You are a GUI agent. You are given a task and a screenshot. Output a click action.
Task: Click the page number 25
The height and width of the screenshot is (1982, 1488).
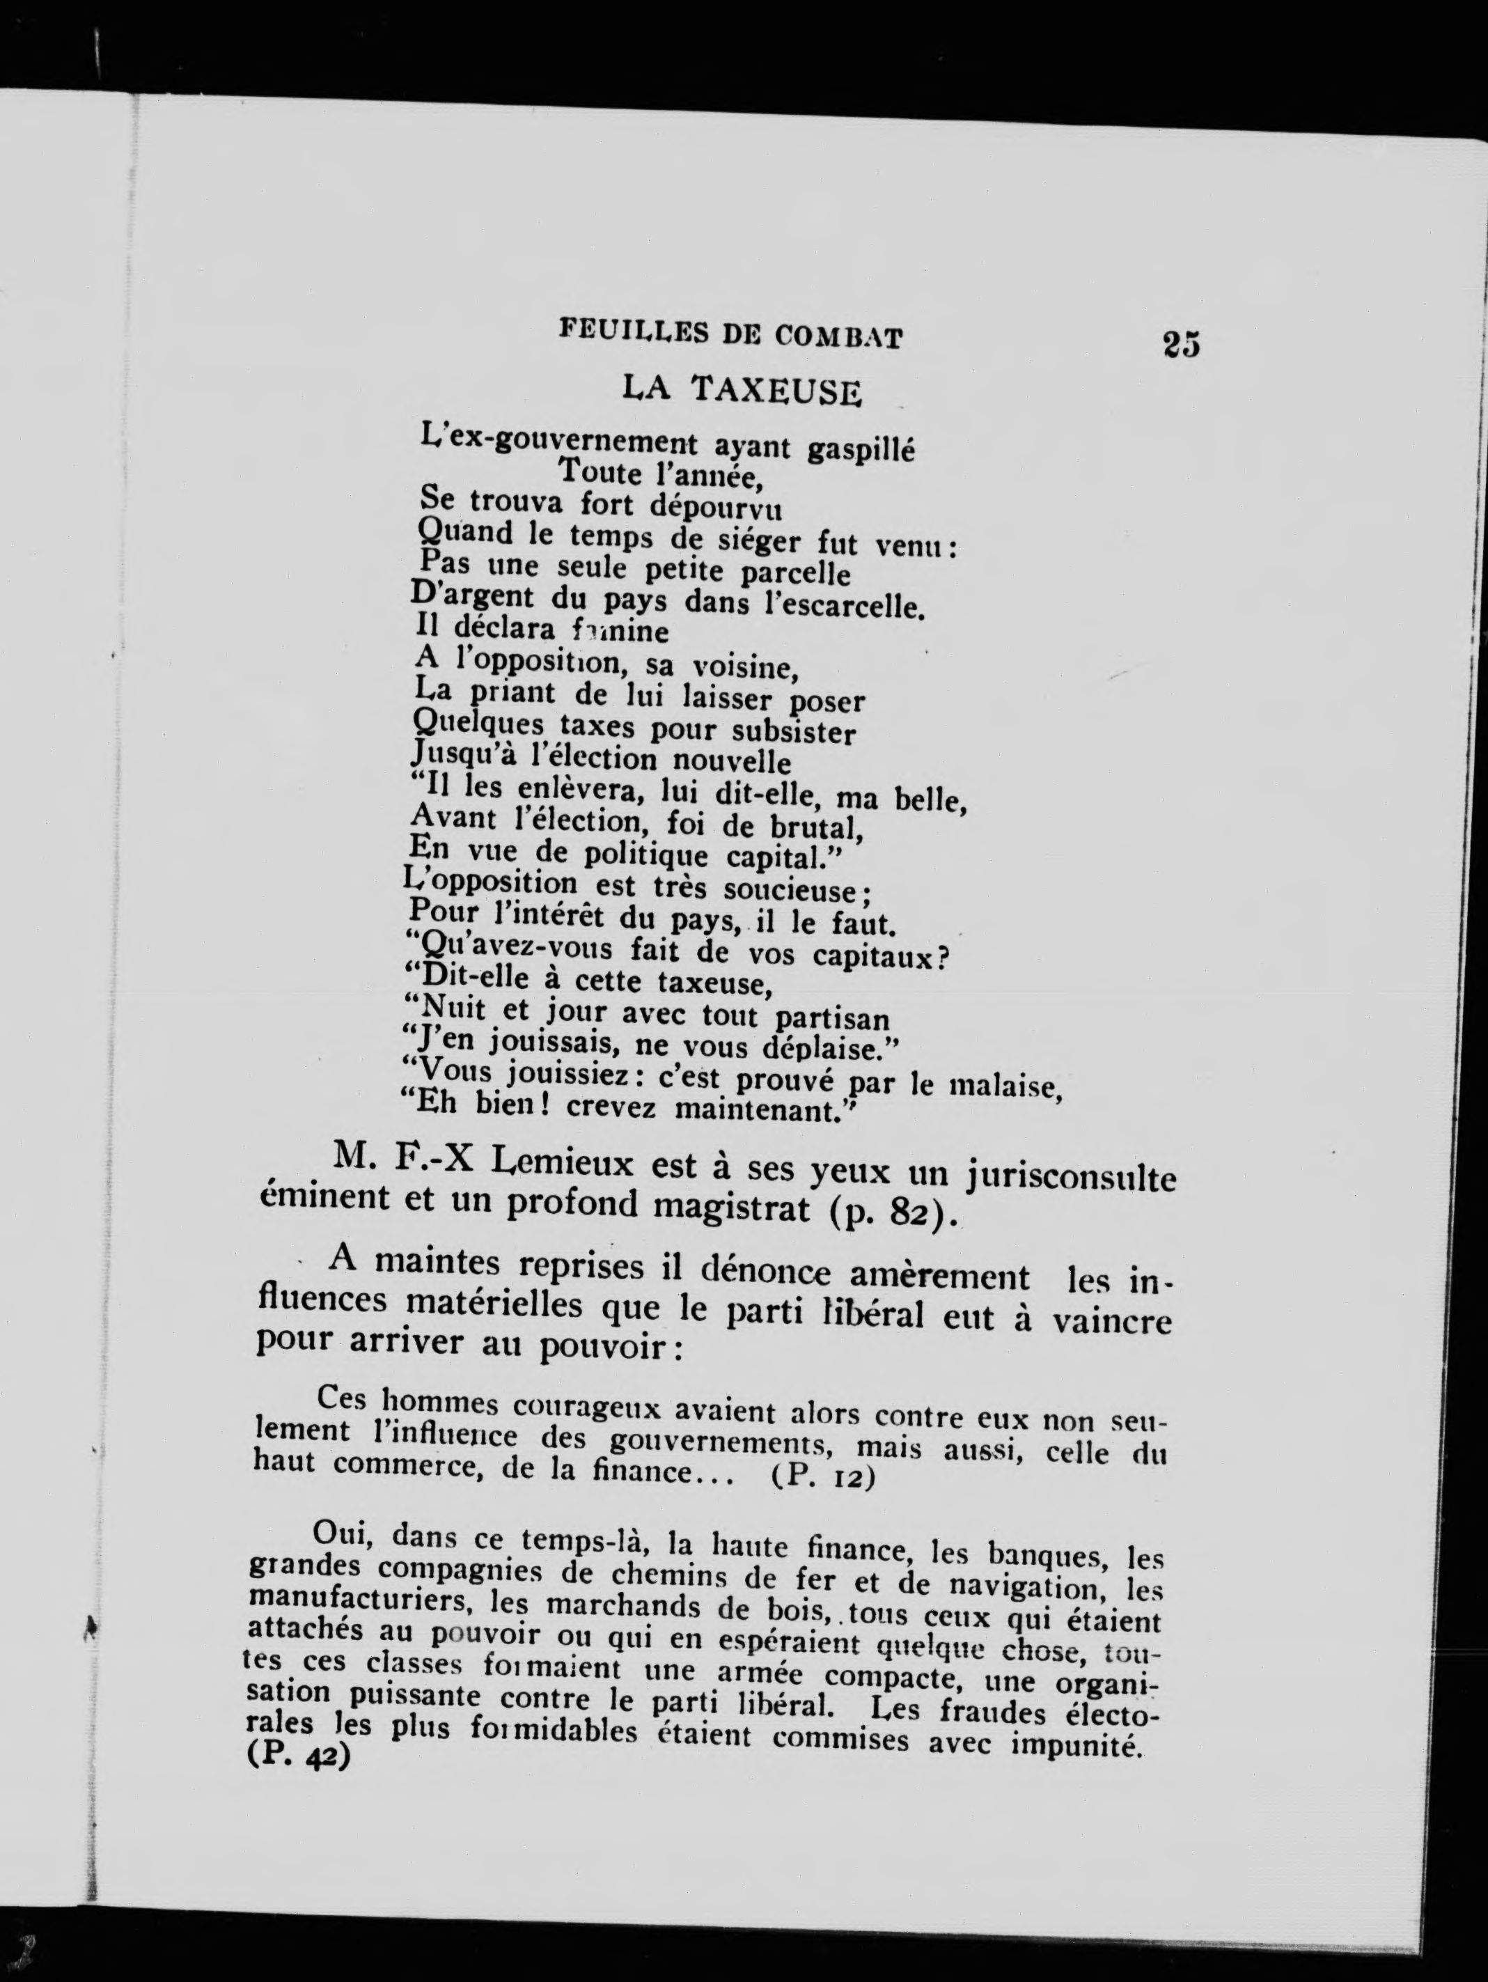point(1181,344)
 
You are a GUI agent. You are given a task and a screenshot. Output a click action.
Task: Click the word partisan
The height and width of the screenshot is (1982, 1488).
point(832,1020)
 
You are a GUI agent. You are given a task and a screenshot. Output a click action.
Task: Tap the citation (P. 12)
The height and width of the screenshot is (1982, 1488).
point(822,1476)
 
